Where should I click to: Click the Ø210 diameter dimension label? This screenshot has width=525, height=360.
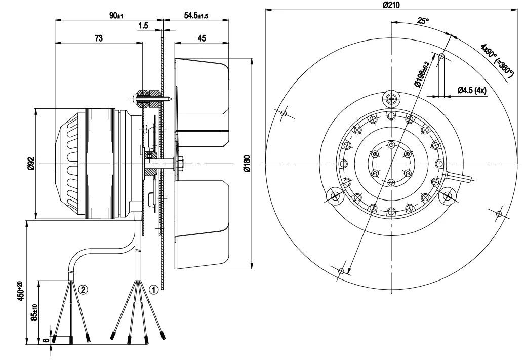391,5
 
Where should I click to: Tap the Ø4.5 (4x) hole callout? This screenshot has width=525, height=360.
472,91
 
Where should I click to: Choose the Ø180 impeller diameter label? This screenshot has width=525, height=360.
247,163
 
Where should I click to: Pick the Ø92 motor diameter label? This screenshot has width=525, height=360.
30,163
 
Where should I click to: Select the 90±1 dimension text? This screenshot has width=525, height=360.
116,16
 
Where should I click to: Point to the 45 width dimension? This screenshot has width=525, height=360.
201,38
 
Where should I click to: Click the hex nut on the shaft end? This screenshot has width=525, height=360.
180,164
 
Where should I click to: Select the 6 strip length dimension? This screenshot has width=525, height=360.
46,340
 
